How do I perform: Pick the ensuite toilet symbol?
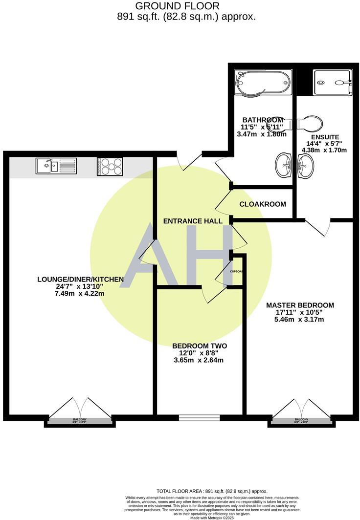tap(310, 123)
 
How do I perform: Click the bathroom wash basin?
tap(283, 165)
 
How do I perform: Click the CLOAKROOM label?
tap(263, 204)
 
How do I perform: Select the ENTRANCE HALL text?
tap(193, 221)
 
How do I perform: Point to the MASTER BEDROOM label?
tap(300, 305)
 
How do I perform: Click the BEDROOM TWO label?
tap(200, 346)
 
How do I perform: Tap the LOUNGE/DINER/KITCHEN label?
tap(80, 280)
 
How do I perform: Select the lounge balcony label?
tap(80, 420)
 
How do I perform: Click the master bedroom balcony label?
tap(301, 420)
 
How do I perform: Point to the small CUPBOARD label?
tap(237, 272)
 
